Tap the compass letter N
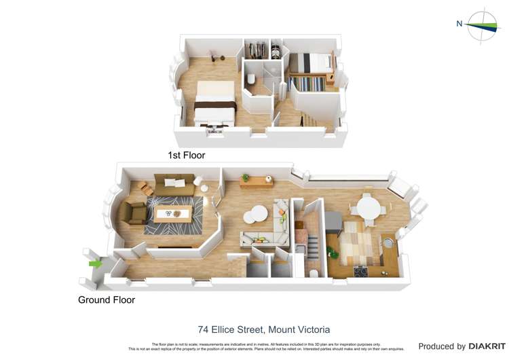(x=459, y=24)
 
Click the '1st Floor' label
(x=186, y=156)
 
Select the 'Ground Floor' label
(x=107, y=300)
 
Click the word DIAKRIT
(x=487, y=346)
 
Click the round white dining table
(x=369, y=208)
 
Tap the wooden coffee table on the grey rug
(x=171, y=215)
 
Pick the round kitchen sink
(x=389, y=242)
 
